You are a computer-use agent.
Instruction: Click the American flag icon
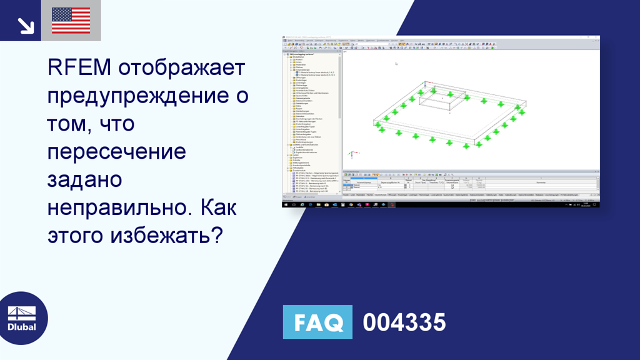[71, 20]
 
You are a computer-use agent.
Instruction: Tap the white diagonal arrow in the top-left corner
[26, 25]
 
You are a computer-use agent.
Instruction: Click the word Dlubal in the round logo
[22, 327]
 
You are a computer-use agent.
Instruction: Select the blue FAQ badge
[317, 322]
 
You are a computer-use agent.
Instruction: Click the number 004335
[404, 322]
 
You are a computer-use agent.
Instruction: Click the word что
[114, 124]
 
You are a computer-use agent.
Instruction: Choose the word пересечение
[116, 152]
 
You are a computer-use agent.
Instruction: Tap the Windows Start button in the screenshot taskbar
[285, 204]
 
